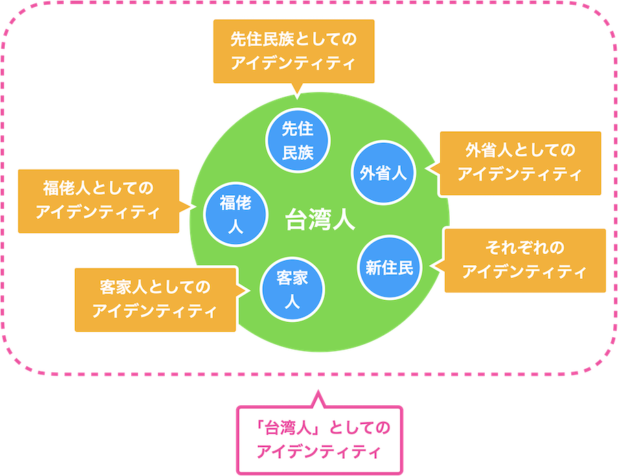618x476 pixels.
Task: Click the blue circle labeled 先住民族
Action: coord(298,140)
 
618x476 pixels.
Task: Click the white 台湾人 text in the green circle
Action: coord(320,221)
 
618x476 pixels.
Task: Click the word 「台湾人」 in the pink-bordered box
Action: coord(290,428)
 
